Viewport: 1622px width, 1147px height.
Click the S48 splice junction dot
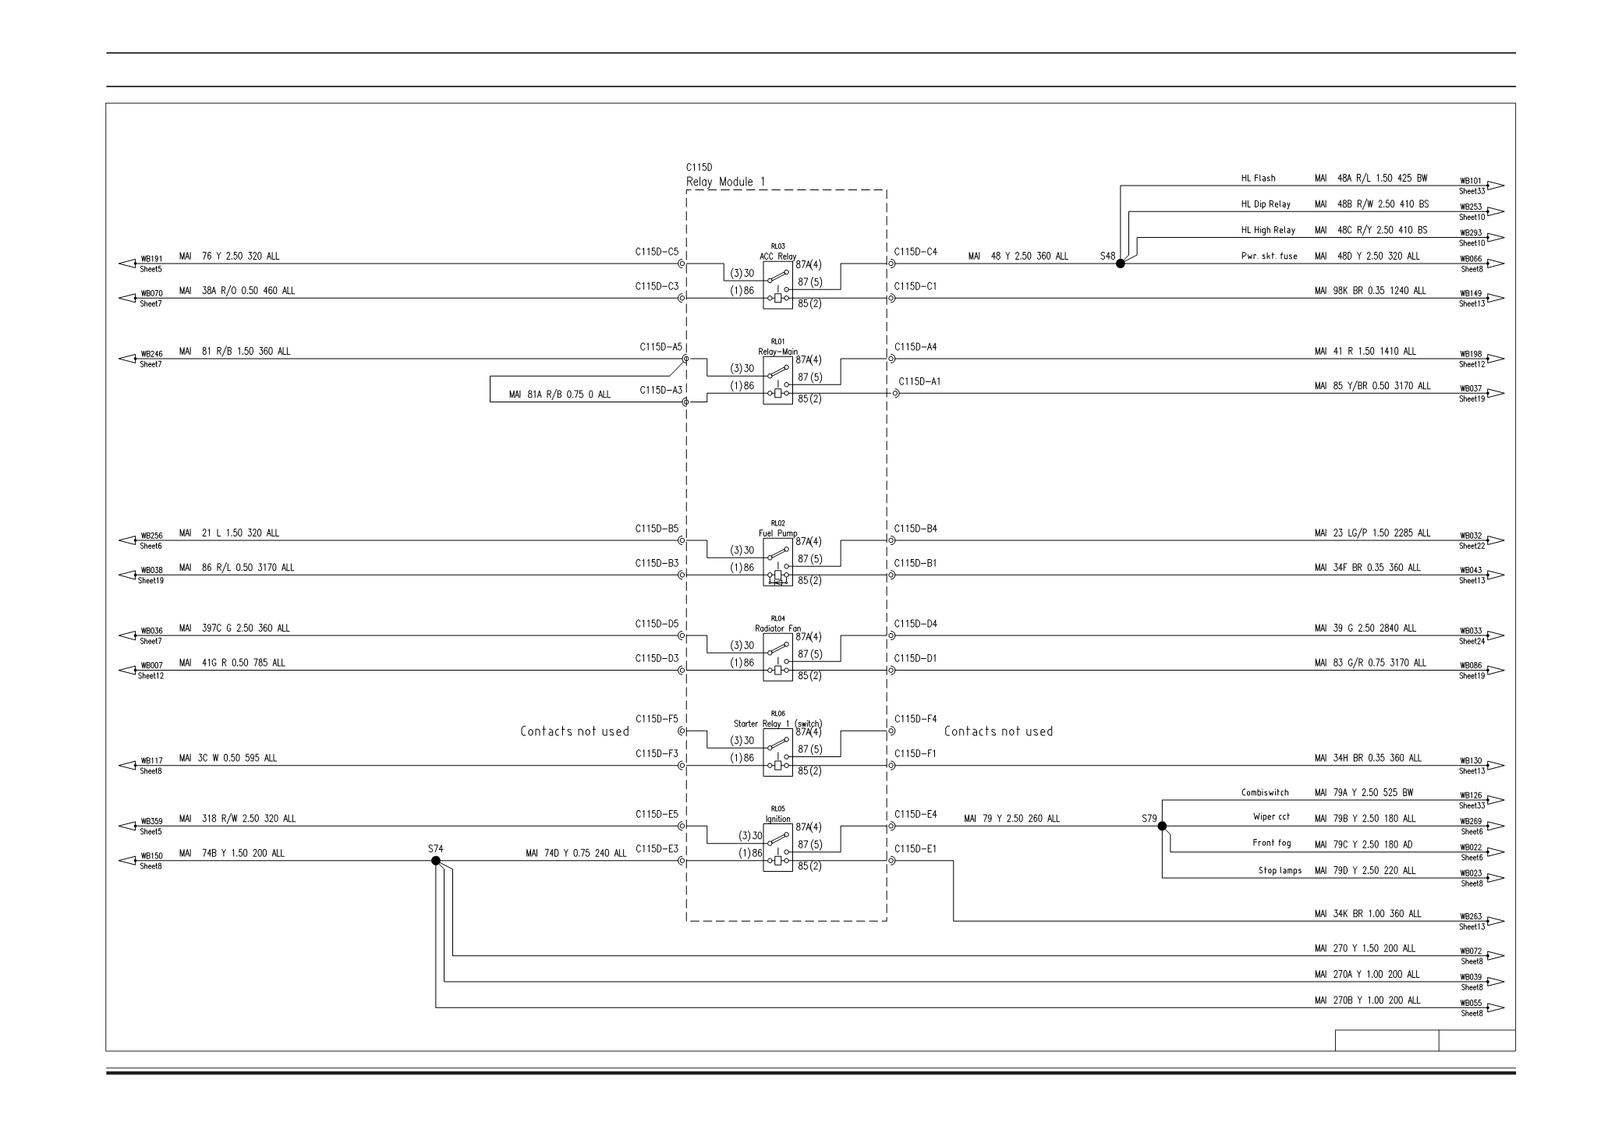(x=1121, y=264)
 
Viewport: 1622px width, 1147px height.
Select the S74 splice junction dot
(x=436, y=861)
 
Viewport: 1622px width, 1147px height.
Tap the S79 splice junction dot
(x=1162, y=826)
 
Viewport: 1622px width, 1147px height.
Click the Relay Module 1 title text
(x=725, y=182)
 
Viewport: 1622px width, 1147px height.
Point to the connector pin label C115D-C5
(x=657, y=252)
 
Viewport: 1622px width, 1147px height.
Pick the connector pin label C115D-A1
(x=919, y=381)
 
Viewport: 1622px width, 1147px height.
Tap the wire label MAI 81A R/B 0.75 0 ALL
(x=560, y=395)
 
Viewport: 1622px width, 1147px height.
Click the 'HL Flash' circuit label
(x=1258, y=178)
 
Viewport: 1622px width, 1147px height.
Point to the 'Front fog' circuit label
(x=1272, y=843)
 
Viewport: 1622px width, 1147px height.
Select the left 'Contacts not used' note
(x=575, y=731)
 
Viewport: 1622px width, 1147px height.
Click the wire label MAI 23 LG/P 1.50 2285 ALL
(x=1372, y=533)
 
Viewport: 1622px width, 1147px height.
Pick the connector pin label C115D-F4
(x=915, y=718)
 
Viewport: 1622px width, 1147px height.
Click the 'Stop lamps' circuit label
(x=1280, y=870)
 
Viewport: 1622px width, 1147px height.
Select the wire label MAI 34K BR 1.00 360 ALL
(x=1368, y=913)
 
